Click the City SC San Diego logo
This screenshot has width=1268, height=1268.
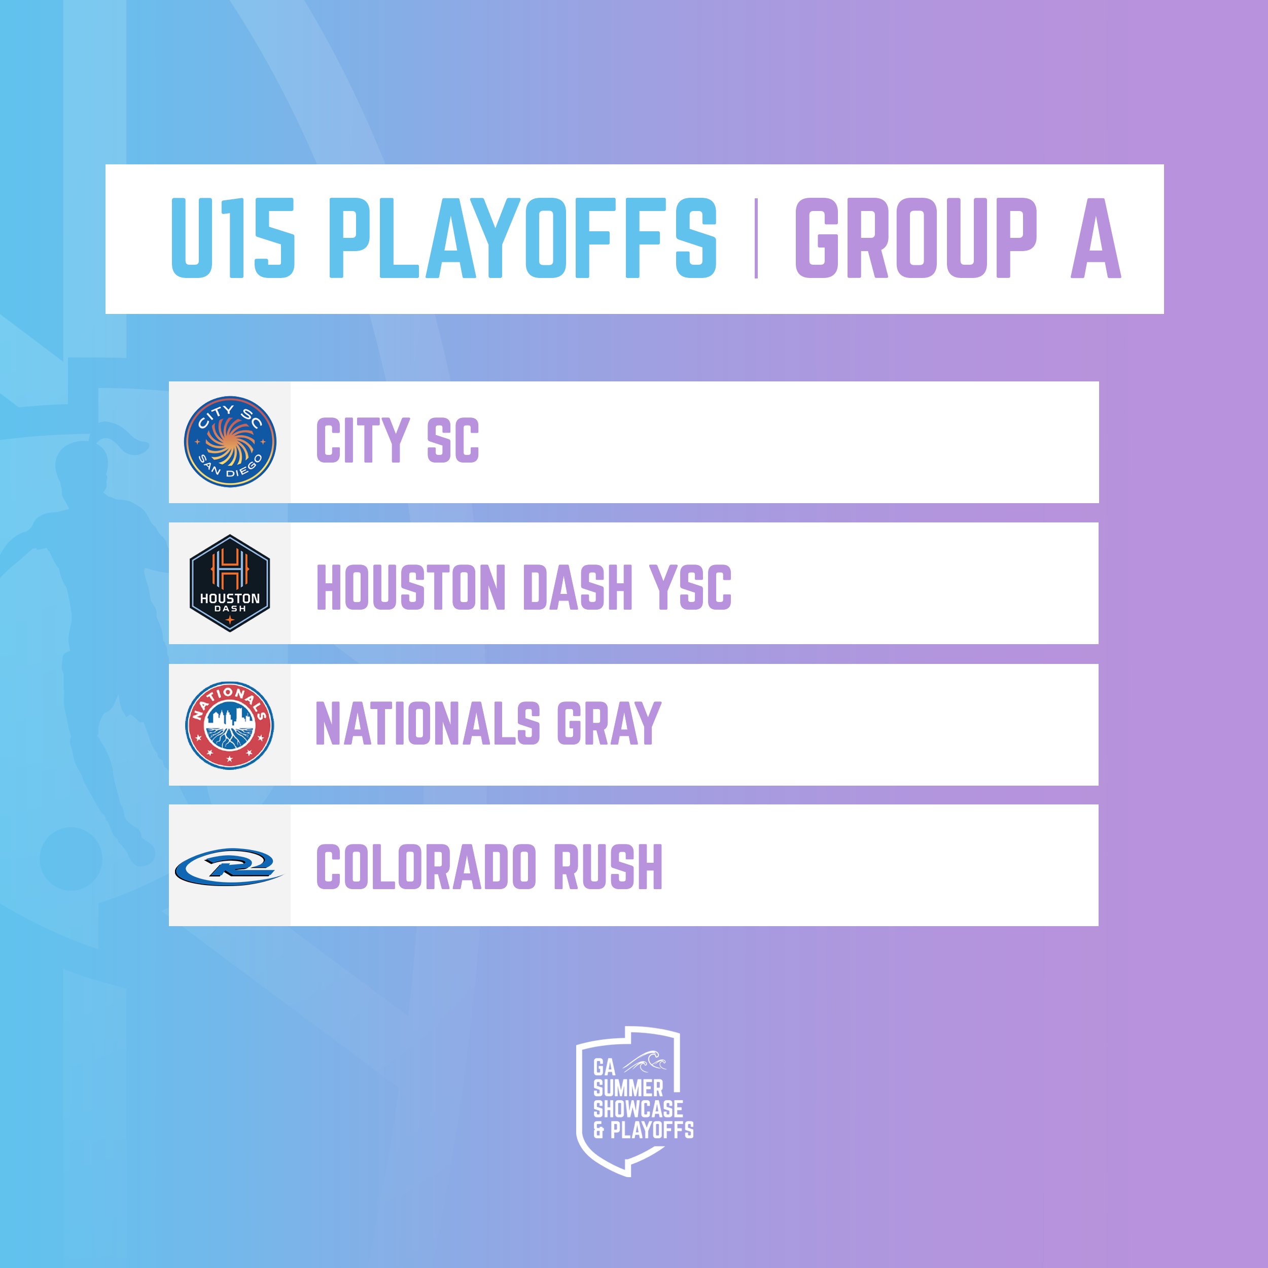pyautogui.click(x=230, y=442)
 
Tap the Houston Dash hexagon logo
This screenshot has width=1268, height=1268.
pyautogui.click(x=230, y=583)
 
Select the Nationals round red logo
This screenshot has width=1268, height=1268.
pyautogui.click(x=230, y=725)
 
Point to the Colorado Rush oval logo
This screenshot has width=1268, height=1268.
pyautogui.click(x=229, y=866)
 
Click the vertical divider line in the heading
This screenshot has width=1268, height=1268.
pyautogui.click(x=756, y=238)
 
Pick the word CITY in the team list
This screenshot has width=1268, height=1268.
pyautogui.click(x=363, y=440)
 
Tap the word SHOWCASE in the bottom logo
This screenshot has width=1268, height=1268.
pyautogui.click(x=638, y=1109)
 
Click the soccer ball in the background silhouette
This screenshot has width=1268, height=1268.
pyautogui.click(x=71, y=859)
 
